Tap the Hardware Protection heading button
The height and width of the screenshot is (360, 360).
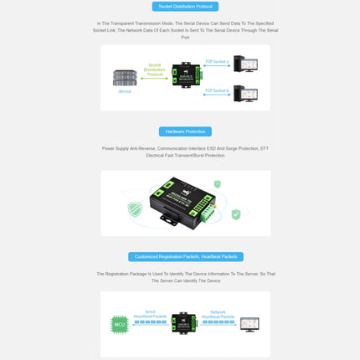(185, 131)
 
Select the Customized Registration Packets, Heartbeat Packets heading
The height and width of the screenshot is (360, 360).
(185, 257)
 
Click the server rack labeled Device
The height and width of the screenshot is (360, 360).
(125, 77)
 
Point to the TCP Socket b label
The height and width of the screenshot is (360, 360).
(216, 90)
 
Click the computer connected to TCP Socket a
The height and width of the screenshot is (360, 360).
(246, 64)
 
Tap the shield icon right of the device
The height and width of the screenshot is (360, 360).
(236, 215)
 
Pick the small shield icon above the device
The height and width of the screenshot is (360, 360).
(218, 183)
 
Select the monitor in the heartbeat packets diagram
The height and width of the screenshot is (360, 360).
(249, 323)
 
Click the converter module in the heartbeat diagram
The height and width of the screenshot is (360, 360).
(185, 322)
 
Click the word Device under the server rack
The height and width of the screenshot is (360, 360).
(125, 91)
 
